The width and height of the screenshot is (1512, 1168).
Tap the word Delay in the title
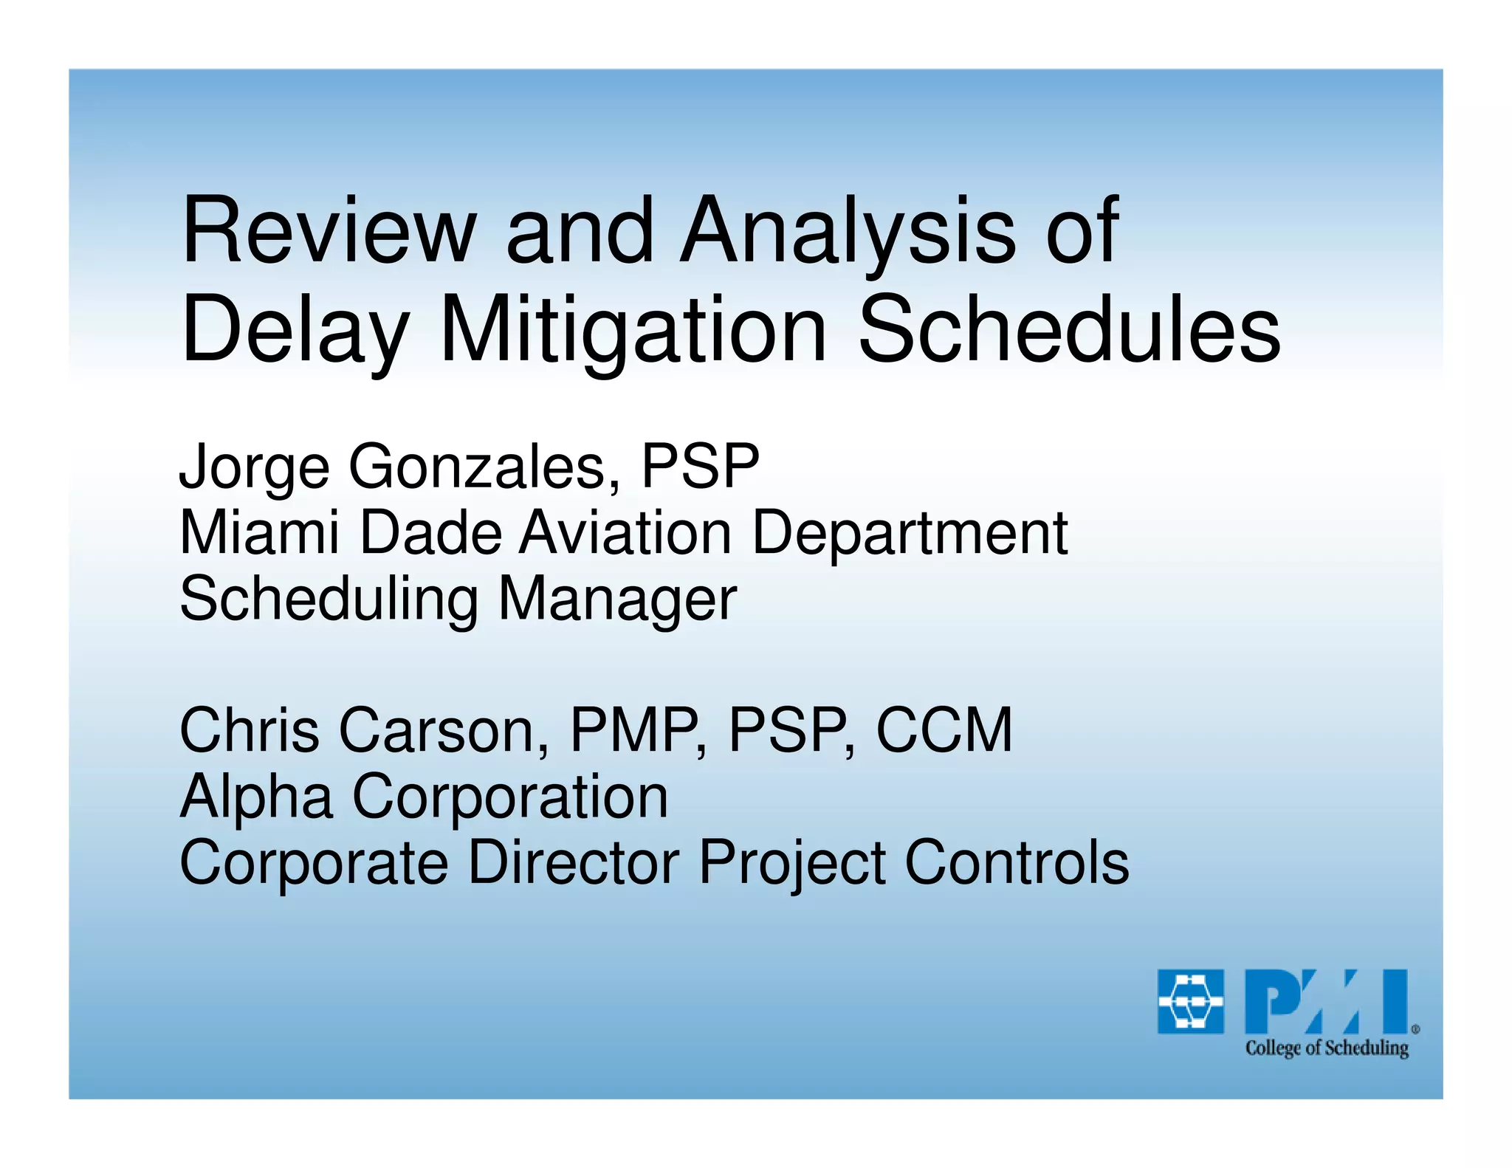pos(295,331)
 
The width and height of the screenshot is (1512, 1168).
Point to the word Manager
pos(617,600)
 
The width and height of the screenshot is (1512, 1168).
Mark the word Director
pos(574,862)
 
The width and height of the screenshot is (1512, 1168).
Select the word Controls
pos(1017,862)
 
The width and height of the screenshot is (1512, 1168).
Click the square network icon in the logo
pos(1190,1001)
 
